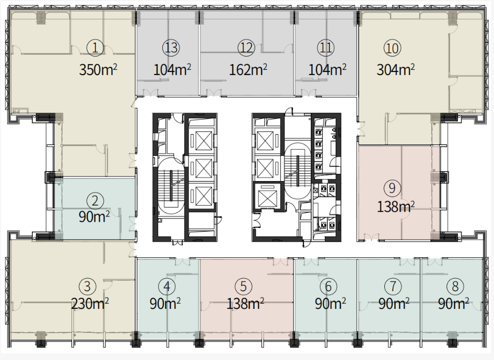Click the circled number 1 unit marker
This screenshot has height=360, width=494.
(x=95, y=48)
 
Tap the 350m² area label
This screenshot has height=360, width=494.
(x=98, y=69)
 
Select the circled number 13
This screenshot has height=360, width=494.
(x=171, y=48)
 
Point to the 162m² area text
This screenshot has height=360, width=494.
(x=248, y=69)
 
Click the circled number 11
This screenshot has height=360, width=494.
(x=326, y=48)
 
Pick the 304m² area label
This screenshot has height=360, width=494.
(x=396, y=69)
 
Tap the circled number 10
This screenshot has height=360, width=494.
(x=392, y=49)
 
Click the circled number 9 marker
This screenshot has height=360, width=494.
(x=392, y=188)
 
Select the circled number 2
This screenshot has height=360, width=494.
(x=95, y=201)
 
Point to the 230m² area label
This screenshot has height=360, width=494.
(x=90, y=304)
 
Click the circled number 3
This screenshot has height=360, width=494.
(x=87, y=286)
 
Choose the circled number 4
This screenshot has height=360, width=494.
(x=167, y=286)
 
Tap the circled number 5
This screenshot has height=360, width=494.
(x=243, y=286)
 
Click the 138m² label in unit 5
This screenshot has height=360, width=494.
(x=245, y=304)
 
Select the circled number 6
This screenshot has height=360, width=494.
(x=328, y=286)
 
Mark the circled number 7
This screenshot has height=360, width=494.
(x=393, y=286)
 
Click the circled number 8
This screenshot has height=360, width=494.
(x=455, y=286)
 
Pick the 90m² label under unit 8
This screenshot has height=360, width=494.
(x=454, y=304)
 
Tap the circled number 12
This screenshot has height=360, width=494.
(x=246, y=48)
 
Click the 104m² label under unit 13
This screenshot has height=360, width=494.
(x=172, y=69)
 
